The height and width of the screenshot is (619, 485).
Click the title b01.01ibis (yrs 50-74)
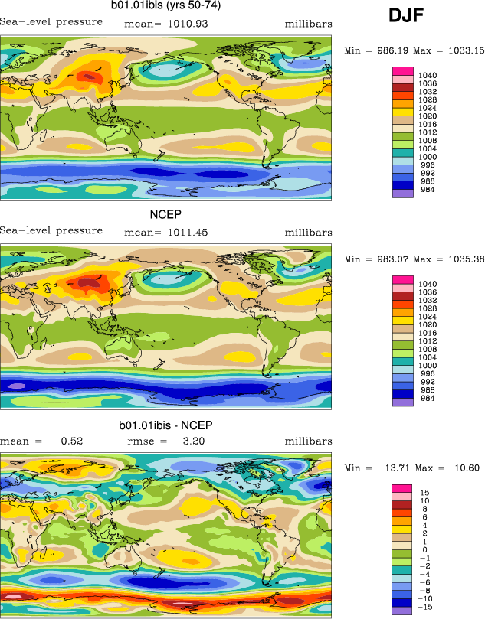pyautogui.click(x=165, y=8)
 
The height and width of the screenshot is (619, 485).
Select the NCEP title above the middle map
pyautogui.click(x=165, y=216)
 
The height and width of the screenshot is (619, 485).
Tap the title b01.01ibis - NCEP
pyautogui.click(x=165, y=425)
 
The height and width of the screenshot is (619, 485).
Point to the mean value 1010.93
pyautogui.click(x=187, y=24)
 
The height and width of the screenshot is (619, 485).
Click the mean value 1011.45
pyautogui.click(x=187, y=232)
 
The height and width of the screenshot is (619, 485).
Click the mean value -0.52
pyautogui.click(x=67, y=441)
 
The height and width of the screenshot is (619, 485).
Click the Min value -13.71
pyautogui.click(x=391, y=468)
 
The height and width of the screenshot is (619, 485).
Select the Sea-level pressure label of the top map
pyautogui.click(x=51, y=21)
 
